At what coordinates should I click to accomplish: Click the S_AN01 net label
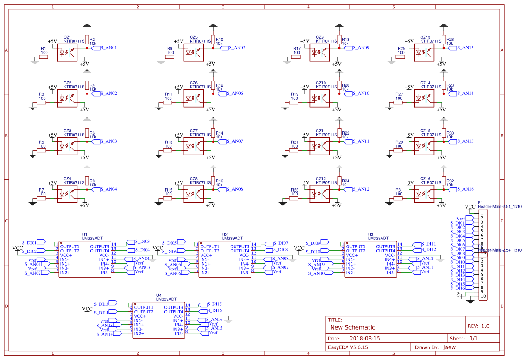point(108,48)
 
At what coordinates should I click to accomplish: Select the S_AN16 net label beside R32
point(465,189)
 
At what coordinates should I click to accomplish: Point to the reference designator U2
point(225,234)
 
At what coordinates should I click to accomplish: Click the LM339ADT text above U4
point(166,299)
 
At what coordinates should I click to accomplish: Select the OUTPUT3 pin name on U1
point(100,246)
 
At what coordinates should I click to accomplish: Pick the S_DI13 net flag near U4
point(101,303)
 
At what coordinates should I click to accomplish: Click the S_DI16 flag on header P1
point(458,288)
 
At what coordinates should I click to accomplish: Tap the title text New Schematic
point(352,327)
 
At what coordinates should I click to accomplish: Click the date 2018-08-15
point(365,338)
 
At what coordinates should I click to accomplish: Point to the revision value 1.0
point(485,326)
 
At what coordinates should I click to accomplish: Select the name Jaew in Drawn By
point(449,347)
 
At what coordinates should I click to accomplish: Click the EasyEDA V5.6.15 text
point(348,347)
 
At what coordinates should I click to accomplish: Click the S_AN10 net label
point(361,94)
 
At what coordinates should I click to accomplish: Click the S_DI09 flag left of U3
point(313,243)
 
